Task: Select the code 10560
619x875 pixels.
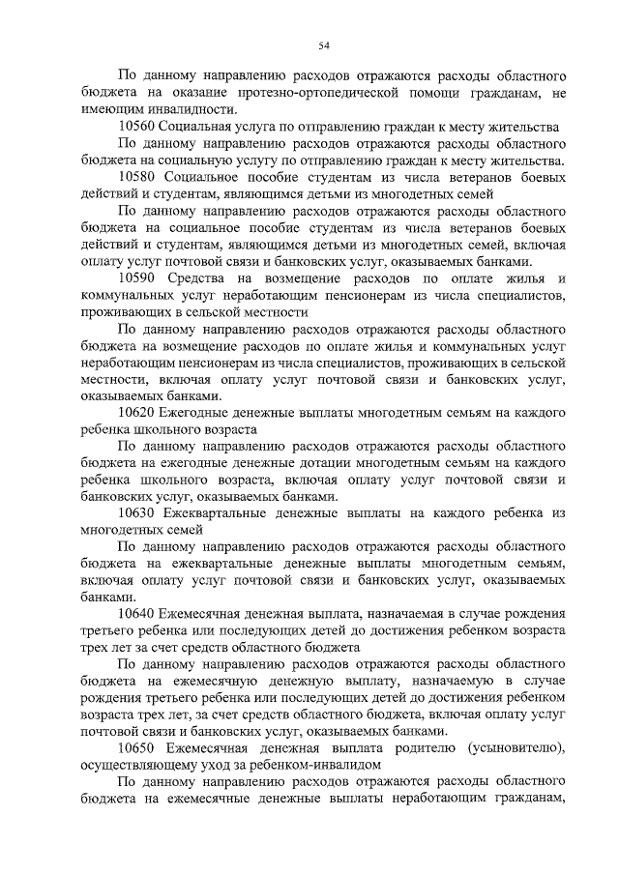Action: (134, 128)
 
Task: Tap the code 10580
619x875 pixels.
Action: (134, 178)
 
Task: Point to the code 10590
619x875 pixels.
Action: (134, 278)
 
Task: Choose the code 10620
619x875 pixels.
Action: (134, 413)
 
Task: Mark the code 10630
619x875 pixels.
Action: (134, 512)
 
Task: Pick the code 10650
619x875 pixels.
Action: (134, 747)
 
